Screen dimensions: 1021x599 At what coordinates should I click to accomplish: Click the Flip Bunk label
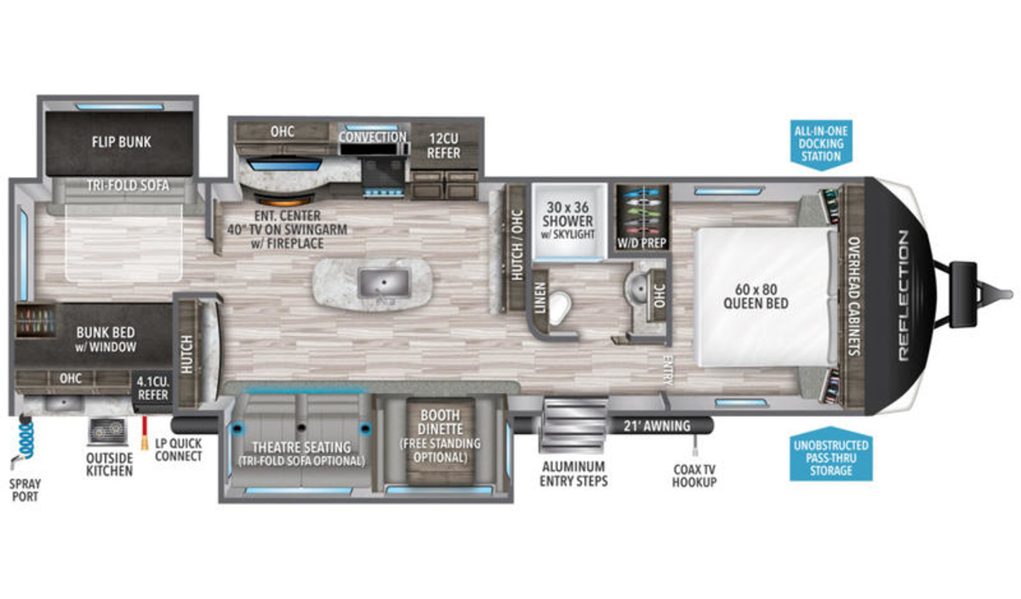[x=121, y=142]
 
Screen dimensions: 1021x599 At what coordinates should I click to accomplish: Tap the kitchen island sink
[x=385, y=282]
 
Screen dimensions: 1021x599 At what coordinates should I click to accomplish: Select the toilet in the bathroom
[x=559, y=308]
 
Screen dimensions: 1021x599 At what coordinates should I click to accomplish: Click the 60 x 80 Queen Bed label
[x=756, y=296]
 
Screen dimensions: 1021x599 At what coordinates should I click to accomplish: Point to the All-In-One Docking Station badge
[x=821, y=144]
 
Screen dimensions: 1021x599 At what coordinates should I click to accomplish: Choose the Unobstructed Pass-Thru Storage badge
[x=831, y=456]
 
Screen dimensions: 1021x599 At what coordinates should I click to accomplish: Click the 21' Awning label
[x=657, y=426]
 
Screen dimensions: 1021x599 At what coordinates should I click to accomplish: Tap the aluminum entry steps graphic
[x=573, y=425]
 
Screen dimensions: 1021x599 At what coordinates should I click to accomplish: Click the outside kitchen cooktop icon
[x=108, y=431]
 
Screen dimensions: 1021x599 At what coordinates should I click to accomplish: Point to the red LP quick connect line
[x=145, y=433]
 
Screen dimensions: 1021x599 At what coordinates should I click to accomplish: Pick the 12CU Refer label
[x=443, y=145]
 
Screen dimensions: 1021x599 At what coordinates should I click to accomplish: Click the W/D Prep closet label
[x=642, y=243]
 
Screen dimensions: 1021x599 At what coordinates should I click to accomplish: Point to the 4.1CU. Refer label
[x=153, y=388]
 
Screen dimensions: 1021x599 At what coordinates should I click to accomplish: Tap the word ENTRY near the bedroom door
[x=668, y=371]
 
